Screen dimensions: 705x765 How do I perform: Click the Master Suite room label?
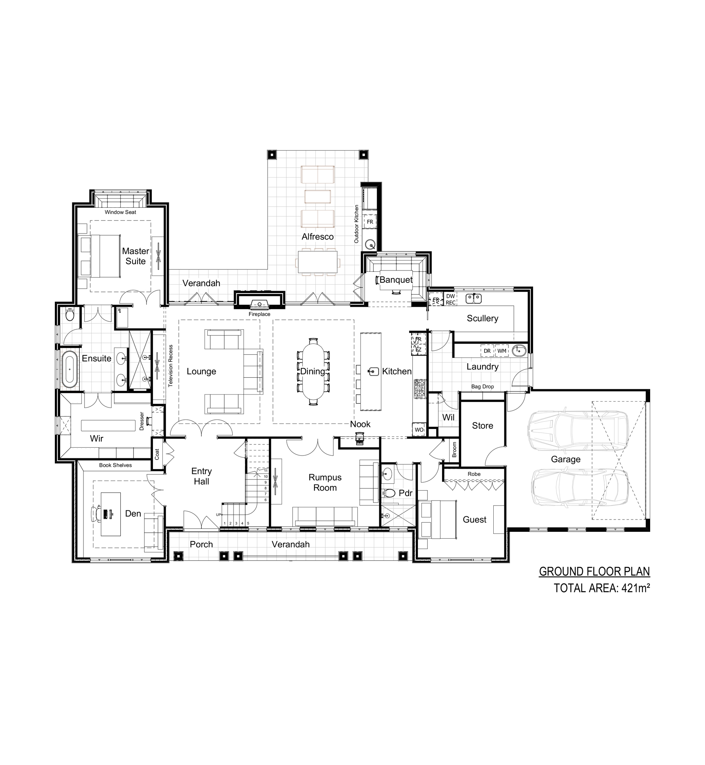point(135,256)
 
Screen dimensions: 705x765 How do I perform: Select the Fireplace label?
point(259,314)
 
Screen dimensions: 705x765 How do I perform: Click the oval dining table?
point(313,371)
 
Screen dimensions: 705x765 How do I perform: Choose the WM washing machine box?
point(502,351)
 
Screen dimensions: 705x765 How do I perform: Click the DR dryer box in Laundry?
point(487,351)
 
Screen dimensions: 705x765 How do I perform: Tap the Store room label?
point(483,425)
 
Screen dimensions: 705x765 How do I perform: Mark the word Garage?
point(566,460)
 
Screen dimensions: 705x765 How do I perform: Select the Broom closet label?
point(454,450)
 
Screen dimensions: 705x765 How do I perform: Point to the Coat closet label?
point(157,454)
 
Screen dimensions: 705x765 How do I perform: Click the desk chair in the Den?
point(96,514)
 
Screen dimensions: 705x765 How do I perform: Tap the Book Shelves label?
point(116,465)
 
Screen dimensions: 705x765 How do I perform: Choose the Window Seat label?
point(120,212)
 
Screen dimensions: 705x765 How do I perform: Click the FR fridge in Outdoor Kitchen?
point(370,222)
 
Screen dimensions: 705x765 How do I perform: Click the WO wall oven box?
point(419,430)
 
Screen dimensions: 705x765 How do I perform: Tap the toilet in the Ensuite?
point(70,315)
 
